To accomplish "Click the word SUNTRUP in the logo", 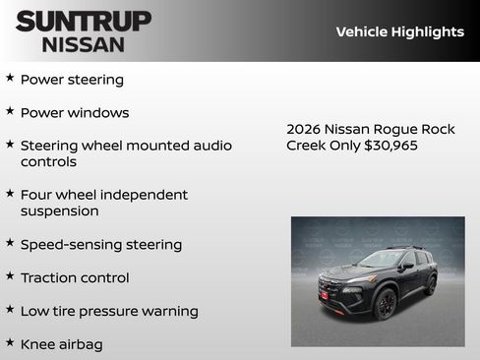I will coord(83,21).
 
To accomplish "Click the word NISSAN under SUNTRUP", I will coord(83,44).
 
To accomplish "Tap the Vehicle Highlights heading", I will coord(399,31).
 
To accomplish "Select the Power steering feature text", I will coord(72,80).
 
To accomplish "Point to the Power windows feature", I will coord(75,113).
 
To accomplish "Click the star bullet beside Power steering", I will coord(10,78).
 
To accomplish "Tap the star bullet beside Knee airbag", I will coord(10,343).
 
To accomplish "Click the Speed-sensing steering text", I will coord(101,245).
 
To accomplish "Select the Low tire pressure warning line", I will coord(109,312).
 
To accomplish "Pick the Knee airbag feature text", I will coord(61,345).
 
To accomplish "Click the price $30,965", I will coord(390,146).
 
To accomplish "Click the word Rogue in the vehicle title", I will coord(403,129).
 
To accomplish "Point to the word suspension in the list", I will coord(60,211).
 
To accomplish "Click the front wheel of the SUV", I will coord(386,304).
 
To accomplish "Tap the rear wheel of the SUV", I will coord(431,285).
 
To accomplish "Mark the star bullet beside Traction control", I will coord(10,276).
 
